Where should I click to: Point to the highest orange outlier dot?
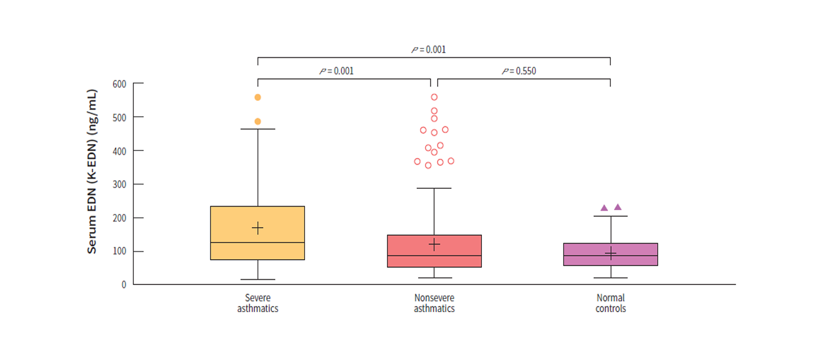[258, 97]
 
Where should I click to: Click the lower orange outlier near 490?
[258, 122]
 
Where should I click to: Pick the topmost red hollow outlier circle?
[434, 97]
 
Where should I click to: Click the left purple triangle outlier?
[604, 208]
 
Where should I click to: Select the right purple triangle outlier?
[618, 207]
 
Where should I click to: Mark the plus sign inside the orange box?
[258, 228]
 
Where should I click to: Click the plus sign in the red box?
[434, 244]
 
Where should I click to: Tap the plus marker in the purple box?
[610, 254]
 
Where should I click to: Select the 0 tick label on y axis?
[124, 284]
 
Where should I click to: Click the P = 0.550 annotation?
[519, 71]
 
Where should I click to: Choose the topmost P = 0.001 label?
[429, 50]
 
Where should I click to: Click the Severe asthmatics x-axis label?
[258, 303]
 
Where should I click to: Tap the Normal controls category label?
[610, 303]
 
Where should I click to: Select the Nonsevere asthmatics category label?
[434, 303]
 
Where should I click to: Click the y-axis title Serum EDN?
[92, 171]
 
